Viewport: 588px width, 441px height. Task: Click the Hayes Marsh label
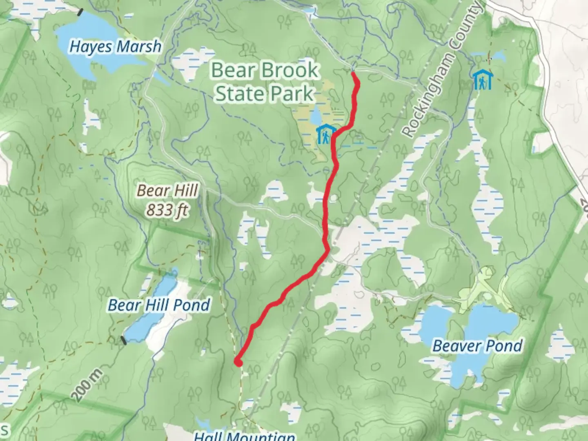click(x=116, y=47)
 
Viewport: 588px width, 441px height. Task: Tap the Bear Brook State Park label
click(x=265, y=82)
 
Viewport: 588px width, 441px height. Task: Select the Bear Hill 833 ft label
click(x=167, y=200)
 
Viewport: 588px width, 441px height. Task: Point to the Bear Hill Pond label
click(x=159, y=305)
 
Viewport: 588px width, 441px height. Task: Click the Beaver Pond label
click(x=477, y=346)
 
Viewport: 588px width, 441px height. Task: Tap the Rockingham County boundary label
click(x=442, y=69)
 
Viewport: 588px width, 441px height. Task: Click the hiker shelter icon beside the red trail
click(x=326, y=135)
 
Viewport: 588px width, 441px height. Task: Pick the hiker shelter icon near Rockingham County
click(x=482, y=80)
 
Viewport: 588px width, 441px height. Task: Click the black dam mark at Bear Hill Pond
click(x=123, y=340)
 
